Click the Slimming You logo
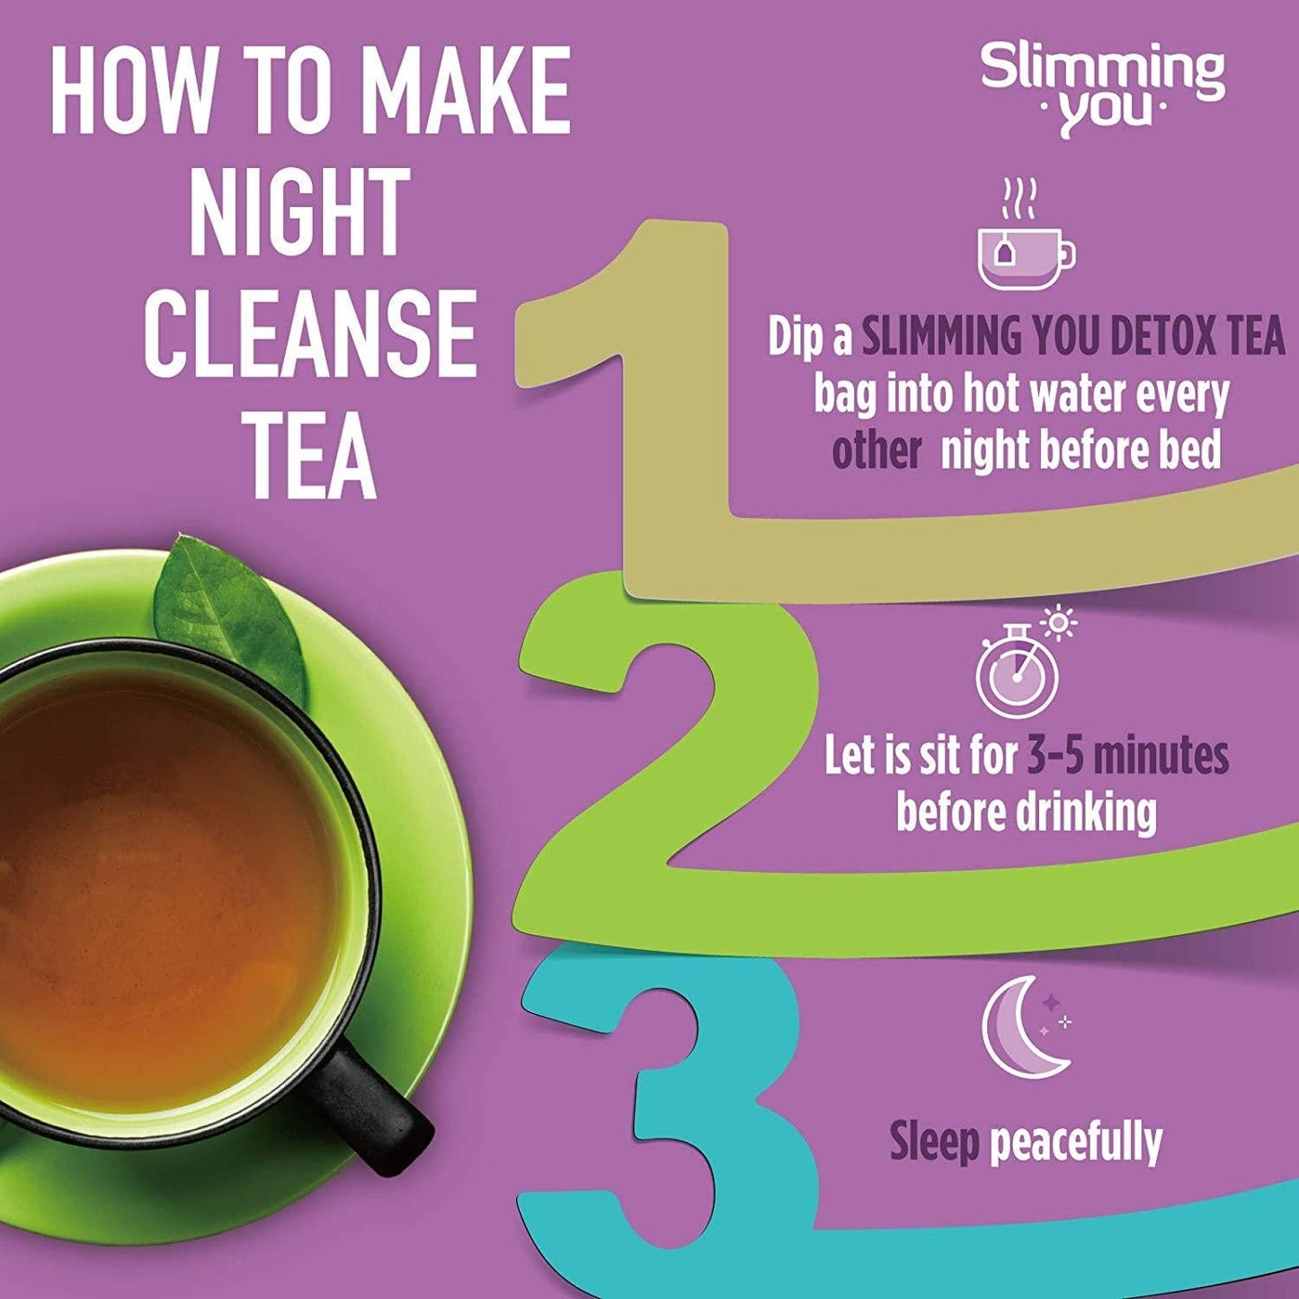pyautogui.click(x=1102, y=90)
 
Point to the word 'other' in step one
pyautogui.click(x=876, y=451)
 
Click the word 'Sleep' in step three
pyautogui.click(x=934, y=1142)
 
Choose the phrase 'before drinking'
pyautogui.click(x=1026, y=813)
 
